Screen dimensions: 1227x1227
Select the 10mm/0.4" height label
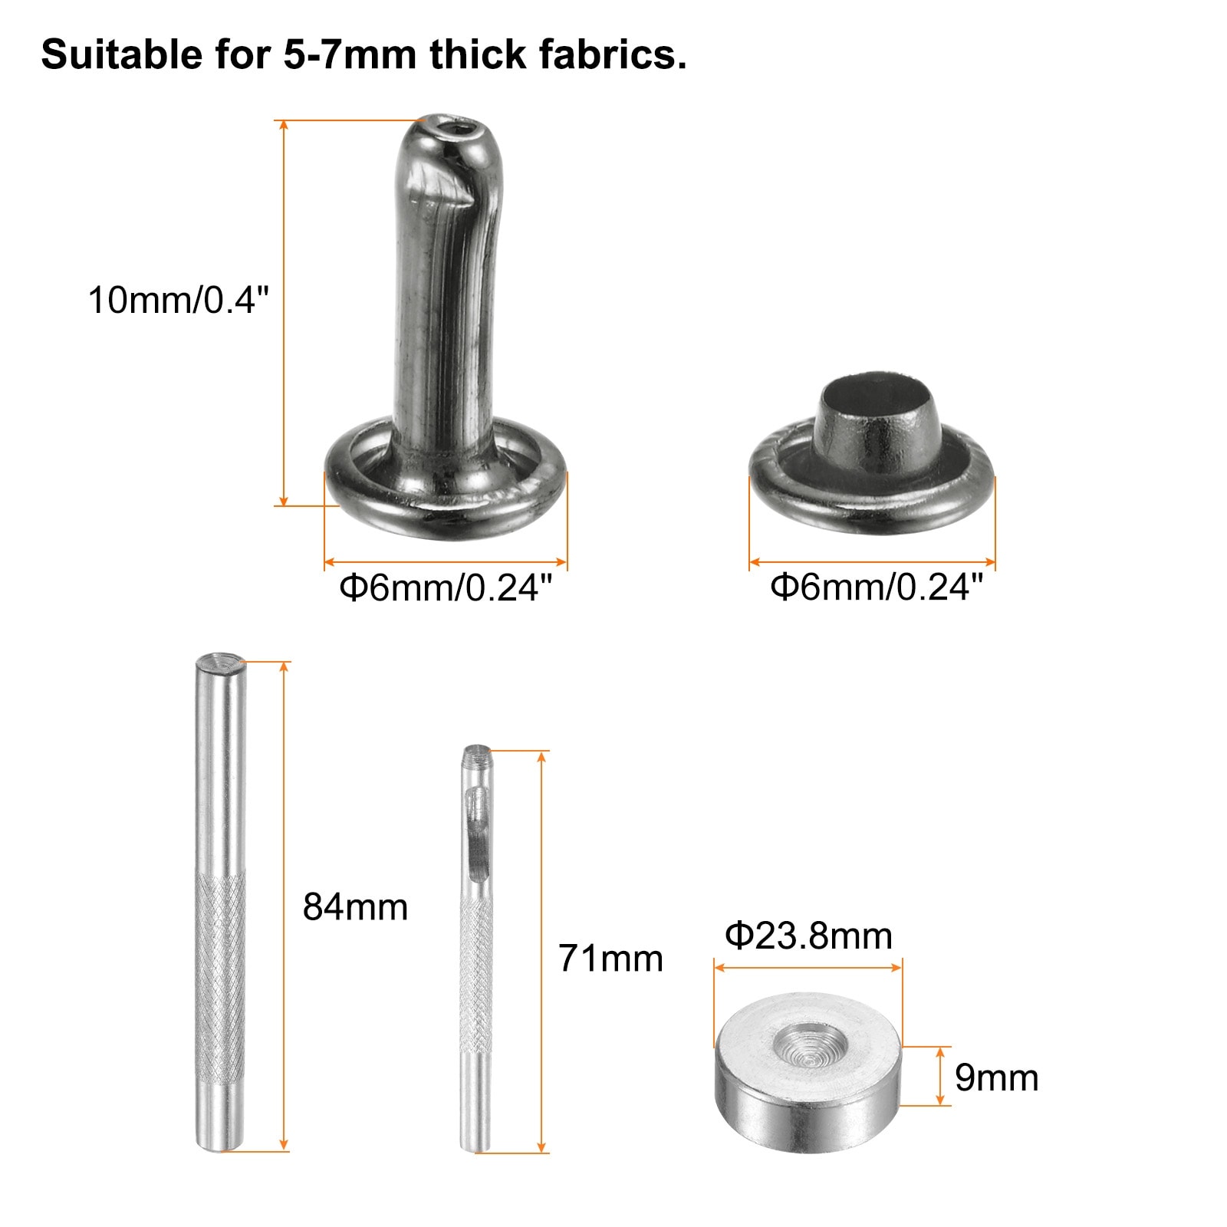tap(178, 300)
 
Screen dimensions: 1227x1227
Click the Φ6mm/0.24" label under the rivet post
tap(446, 589)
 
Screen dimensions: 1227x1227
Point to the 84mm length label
tap(355, 907)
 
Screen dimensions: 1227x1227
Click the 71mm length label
tap(610, 959)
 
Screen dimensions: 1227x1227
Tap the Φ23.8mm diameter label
tap(808, 936)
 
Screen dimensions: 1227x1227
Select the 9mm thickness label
tap(996, 1078)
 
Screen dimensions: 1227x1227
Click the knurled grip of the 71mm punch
tap(476, 974)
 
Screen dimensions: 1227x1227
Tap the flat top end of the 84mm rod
tap(220, 660)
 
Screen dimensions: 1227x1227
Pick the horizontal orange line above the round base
tap(808, 968)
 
